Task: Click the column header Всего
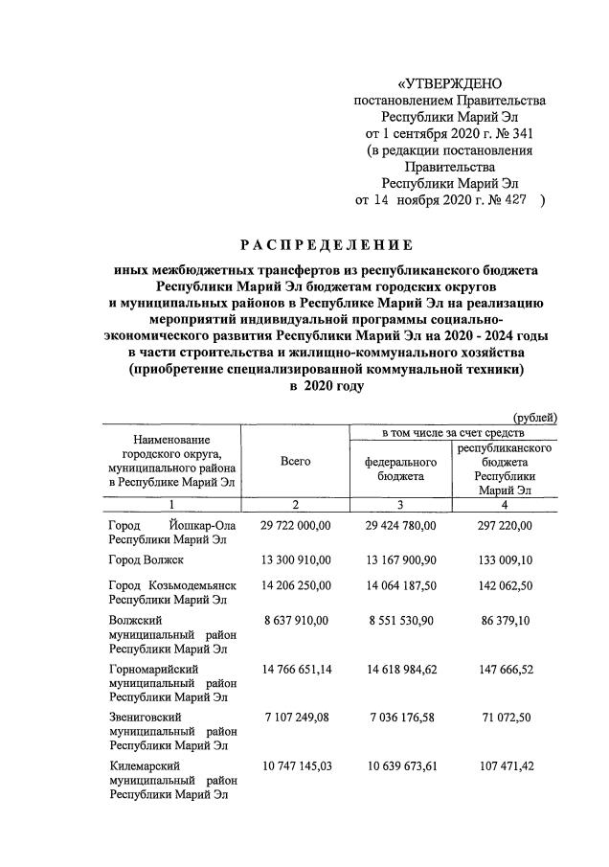pyautogui.click(x=295, y=462)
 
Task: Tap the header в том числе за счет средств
pyautogui.click(x=453, y=433)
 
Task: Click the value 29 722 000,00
pyautogui.click(x=295, y=525)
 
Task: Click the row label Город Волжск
pyautogui.click(x=146, y=559)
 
